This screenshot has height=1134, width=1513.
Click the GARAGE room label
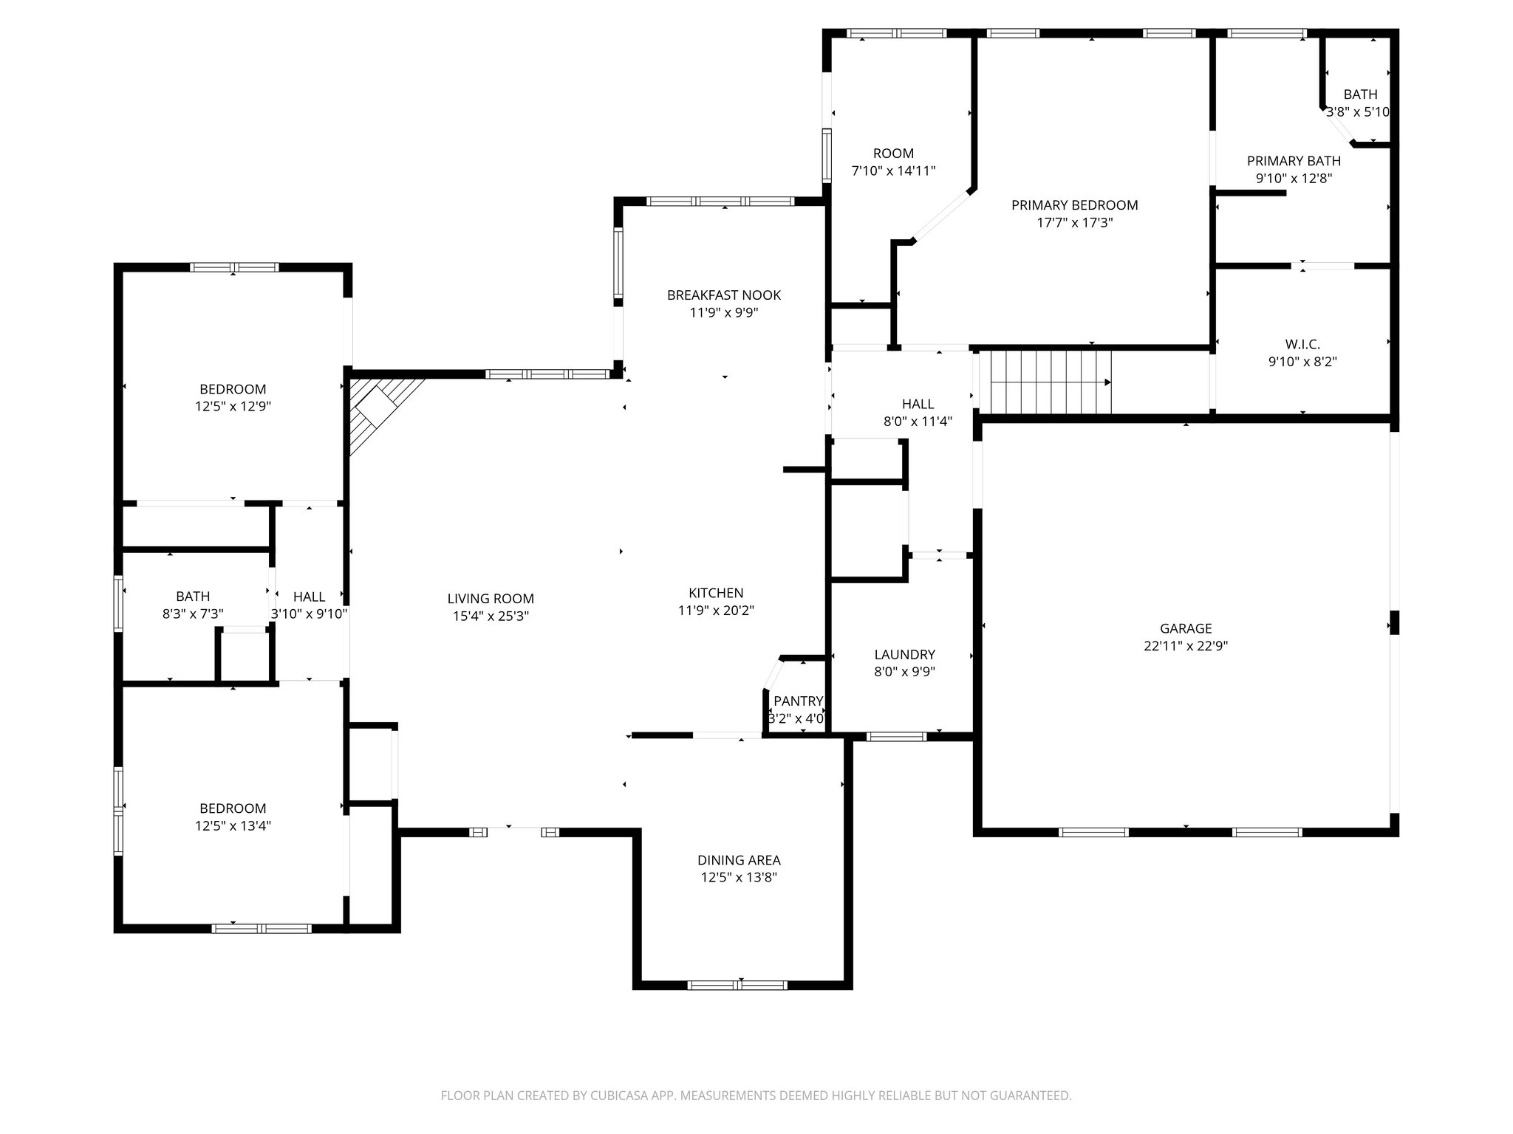(x=1186, y=628)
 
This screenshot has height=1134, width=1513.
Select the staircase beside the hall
(x=1049, y=382)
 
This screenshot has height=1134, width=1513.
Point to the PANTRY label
(x=798, y=701)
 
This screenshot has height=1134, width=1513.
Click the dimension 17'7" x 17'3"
(x=1074, y=222)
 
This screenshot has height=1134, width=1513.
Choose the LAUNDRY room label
(x=904, y=654)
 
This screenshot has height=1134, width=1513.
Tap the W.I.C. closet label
(x=1302, y=344)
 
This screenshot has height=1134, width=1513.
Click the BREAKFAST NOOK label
(x=723, y=295)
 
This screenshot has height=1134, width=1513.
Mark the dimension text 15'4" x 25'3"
(x=491, y=616)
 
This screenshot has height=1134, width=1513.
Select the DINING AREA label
(x=739, y=860)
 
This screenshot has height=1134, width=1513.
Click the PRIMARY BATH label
(x=1294, y=161)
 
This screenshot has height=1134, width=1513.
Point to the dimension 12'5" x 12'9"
(x=233, y=406)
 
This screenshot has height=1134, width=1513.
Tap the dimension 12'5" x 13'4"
(x=233, y=825)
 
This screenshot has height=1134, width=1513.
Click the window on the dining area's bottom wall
(x=737, y=984)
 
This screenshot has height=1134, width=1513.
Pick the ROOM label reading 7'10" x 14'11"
(x=893, y=154)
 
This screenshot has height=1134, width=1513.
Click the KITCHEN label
(x=716, y=593)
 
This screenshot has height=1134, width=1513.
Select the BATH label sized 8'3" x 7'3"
(x=193, y=596)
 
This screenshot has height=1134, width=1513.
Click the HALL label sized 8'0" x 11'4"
(x=918, y=404)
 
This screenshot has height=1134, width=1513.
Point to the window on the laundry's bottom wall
(x=896, y=736)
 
